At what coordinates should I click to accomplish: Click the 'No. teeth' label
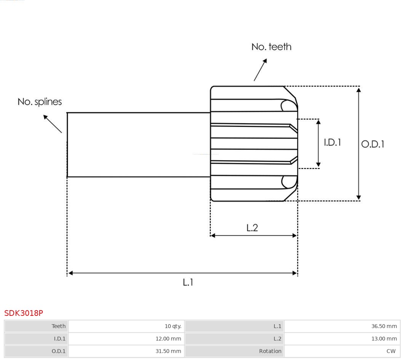[x=271, y=47]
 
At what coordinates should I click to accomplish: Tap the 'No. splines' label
[x=40, y=102]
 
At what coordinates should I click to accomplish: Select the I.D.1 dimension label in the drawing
[x=332, y=142]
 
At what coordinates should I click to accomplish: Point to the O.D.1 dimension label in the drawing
[x=372, y=144]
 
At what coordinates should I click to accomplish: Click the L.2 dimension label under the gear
[x=252, y=228]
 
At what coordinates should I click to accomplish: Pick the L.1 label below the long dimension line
[x=188, y=282]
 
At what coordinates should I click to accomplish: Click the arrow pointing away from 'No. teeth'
[x=260, y=70]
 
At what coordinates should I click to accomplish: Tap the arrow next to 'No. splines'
[x=52, y=124]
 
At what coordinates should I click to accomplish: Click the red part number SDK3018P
[x=24, y=313]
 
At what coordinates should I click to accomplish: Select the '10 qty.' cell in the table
[x=173, y=326]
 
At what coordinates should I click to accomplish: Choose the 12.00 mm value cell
[x=168, y=339]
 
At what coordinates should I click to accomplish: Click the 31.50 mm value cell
[x=168, y=351]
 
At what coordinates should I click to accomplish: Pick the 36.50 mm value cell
[x=384, y=326]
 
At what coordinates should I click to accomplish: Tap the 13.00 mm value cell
[x=384, y=339]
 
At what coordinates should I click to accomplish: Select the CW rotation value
[x=391, y=351]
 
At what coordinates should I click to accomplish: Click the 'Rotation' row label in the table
[x=270, y=351]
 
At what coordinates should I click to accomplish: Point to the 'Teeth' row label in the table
[x=59, y=326]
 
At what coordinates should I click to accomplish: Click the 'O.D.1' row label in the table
[x=59, y=351]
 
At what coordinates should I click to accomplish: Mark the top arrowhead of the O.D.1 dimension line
[x=358, y=90]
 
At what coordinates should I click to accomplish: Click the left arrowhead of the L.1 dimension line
[x=70, y=273]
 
